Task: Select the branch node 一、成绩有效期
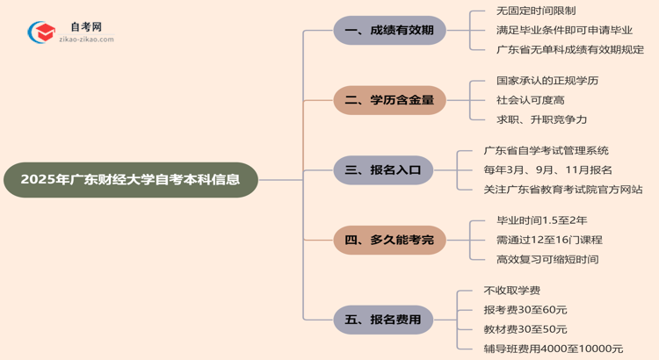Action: click(x=389, y=31)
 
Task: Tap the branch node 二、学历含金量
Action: click(x=389, y=100)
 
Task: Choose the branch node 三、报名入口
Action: click(x=383, y=169)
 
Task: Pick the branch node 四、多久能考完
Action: click(x=389, y=239)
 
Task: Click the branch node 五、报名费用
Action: click(x=383, y=319)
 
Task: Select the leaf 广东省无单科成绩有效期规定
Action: click(x=570, y=50)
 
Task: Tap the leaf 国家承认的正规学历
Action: click(x=547, y=81)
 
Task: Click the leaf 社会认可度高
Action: click(x=530, y=100)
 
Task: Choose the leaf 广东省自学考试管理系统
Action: click(x=546, y=151)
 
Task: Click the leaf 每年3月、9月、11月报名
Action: click(x=547, y=169)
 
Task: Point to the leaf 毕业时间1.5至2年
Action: click(x=542, y=220)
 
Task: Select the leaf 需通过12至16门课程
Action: click(x=549, y=240)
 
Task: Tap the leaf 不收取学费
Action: click(x=512, y=290)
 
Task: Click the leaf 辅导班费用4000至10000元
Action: click(x=553, y=349)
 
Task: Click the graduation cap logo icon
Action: click(x=40, y=32)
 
